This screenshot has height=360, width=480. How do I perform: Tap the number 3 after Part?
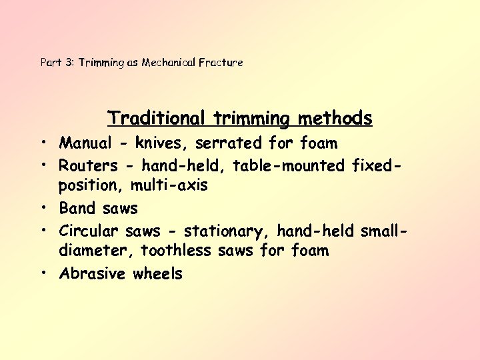[69, 63]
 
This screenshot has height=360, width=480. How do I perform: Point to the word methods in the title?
[335, 119]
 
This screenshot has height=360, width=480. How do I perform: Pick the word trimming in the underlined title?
[253, 119]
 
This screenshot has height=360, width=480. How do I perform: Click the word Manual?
[85, 143]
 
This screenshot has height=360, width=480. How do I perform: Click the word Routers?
[88, 165]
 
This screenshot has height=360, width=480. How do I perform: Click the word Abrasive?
[93, 273]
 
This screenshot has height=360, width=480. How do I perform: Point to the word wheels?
[157, 273]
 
